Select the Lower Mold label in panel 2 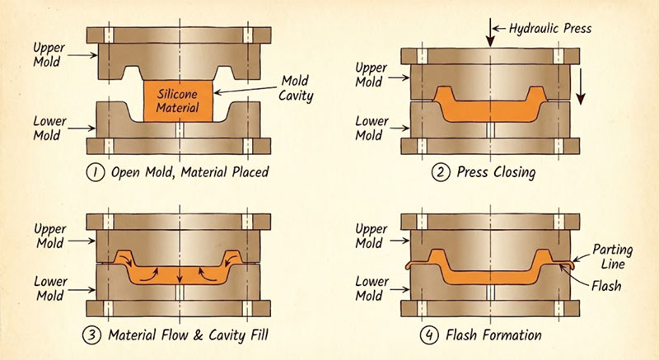click(x=371, y=128)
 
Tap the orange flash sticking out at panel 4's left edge click(x=414, y=265)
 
